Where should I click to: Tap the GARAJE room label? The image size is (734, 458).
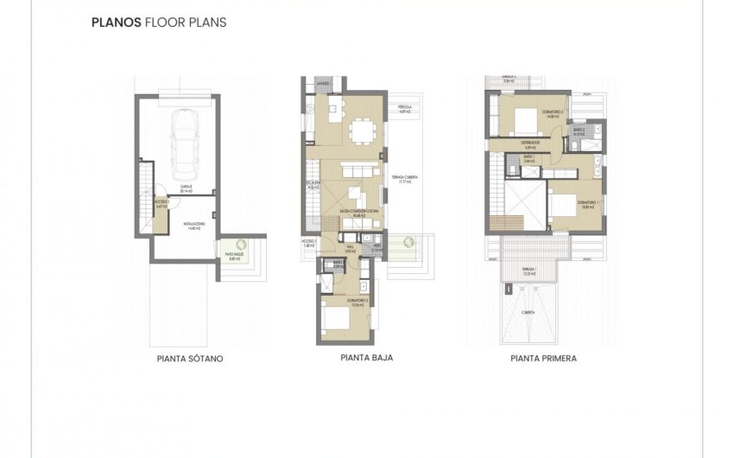[x=185, y=188]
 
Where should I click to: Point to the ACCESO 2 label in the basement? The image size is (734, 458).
[x=161, y=204]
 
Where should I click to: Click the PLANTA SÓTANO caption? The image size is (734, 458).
[x=190, y=358]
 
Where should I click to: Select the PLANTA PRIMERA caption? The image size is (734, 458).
[x=543, y=358]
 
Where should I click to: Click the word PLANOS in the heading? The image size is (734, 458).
[x=110, y=23]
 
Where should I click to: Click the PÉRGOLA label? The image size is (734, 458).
[x=403, y=109]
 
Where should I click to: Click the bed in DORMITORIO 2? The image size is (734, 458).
[x=523, y=118]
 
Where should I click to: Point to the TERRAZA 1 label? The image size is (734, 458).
[x=528, y=270]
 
